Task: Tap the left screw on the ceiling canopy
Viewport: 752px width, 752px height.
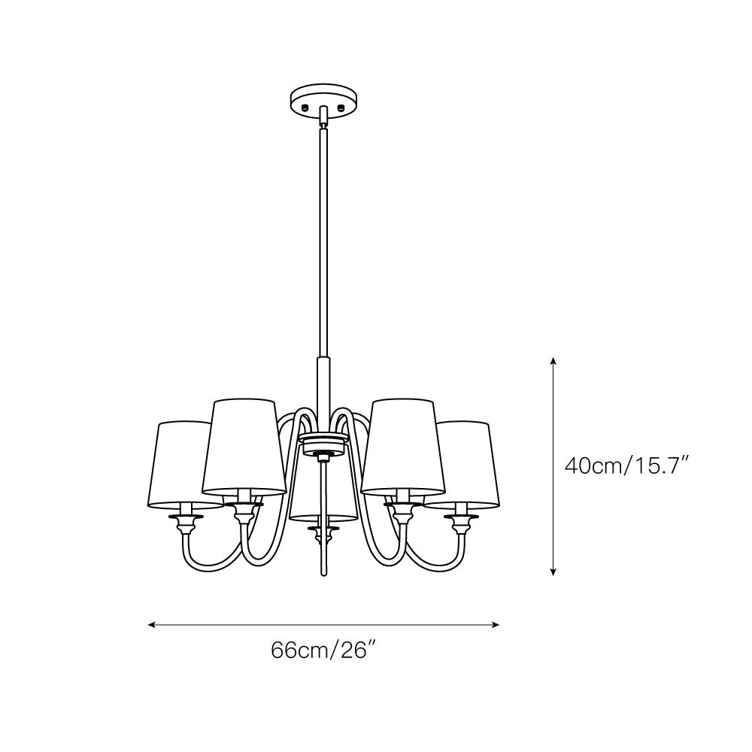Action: coord(305,108)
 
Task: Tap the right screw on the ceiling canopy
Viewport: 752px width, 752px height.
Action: coord(341,108)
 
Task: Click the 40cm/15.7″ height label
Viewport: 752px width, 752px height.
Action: coord(627,465)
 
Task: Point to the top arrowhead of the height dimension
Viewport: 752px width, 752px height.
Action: coord(553,361)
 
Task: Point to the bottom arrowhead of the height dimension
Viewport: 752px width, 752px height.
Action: coord(553,572)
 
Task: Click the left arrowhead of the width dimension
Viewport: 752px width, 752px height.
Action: coord(152,624)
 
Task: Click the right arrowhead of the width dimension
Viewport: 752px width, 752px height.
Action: coord(496,624)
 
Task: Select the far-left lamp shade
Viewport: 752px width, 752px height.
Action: coord(180,464)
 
